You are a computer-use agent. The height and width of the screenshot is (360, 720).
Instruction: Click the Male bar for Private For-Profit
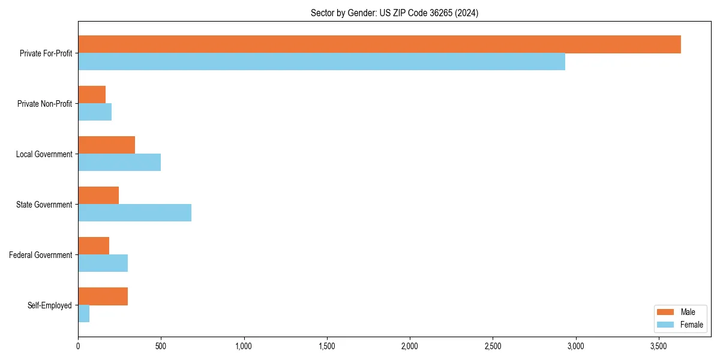click(x=379, y=44)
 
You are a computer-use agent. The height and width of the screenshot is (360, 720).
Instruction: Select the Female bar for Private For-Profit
click(x=322, y=62)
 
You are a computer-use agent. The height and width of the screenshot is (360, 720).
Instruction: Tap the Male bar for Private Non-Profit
click(x=92, y=95)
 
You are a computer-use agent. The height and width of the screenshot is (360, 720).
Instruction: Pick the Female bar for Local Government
click(x=119, y=163)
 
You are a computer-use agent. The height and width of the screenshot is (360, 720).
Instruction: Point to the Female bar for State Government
click(x=134, y=213)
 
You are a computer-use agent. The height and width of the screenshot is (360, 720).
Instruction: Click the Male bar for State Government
click(x=98, y=196)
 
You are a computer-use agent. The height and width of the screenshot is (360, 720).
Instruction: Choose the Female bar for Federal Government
click(x=103, y=263)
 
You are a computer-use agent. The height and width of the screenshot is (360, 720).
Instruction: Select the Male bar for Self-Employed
click(x=103, y=296)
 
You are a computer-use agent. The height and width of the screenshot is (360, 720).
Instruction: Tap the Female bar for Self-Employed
click(x=84, y=314)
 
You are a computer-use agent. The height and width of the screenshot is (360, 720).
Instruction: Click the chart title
click(x=394, y=13)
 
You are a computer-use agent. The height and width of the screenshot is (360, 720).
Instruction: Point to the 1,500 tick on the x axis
click(x=327, y=347)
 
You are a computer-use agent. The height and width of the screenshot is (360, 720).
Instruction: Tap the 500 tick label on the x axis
click(x=161, y=347)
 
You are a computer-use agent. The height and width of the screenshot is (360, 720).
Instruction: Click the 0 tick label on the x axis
click(x=78, y=347)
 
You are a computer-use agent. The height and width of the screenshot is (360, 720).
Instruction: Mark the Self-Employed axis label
click(x=50, y=305)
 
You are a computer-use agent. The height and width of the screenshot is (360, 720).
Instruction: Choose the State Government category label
click(x=44, y=205)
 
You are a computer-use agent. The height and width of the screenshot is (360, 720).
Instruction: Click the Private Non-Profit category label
click(x=45, y=104)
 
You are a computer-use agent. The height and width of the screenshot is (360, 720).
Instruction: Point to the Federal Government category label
click(x=41, y=255)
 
